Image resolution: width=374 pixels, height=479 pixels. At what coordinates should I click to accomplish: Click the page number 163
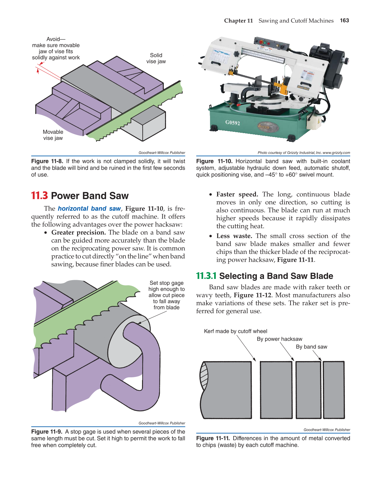click(x=344, y=20)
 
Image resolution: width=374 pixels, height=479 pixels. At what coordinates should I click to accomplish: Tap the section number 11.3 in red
click(x=39, y=196)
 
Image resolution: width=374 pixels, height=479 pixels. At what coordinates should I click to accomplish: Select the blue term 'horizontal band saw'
click(x=89, y=209)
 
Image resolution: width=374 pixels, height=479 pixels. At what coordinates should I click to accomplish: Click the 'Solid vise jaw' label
click(x=156, y=58)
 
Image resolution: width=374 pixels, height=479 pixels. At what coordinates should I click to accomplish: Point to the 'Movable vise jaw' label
click(x=53, y=135)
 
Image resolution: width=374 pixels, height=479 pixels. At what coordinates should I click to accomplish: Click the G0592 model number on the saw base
click(x=233, y=122)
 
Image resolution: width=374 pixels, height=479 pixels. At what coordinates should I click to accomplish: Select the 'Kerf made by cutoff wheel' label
click(x=236, y=331)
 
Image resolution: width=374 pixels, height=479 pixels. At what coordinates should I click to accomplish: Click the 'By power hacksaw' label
click(x=280, y=339)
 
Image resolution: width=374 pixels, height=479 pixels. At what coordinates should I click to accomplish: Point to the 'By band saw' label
click(x=311, y=347)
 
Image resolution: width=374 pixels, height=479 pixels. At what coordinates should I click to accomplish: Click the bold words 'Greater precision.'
click(x=78, y=233)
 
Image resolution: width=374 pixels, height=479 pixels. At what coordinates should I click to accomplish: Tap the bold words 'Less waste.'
click(x=234, y=236)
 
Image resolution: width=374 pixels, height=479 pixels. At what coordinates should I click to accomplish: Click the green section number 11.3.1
click(x=206, y=276)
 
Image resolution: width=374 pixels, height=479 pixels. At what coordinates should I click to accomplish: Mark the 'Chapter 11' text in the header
click(x=238, y=21)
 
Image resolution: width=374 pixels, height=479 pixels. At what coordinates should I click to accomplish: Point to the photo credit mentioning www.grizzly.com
click(x=303, y=153)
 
